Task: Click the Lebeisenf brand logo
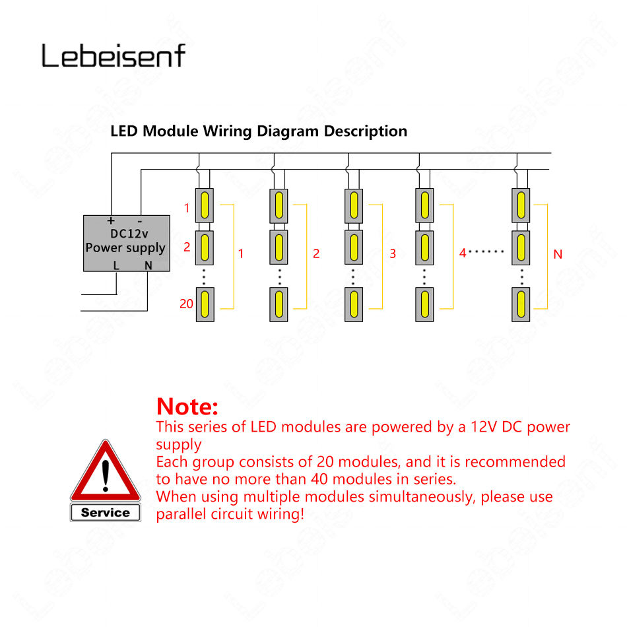114,55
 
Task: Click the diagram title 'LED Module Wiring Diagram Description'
259,131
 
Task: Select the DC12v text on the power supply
125,234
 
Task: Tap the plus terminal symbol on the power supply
111,220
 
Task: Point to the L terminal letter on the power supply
116,265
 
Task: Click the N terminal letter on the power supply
148,265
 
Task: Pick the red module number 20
186,304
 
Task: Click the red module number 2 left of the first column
187,247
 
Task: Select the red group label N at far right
558,253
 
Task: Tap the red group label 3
393,253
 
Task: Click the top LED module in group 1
205,205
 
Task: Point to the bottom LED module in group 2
279,304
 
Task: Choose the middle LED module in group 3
354,247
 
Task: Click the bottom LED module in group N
521,304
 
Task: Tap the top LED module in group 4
424,205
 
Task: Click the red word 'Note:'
187,405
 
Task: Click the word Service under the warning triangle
106,512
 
